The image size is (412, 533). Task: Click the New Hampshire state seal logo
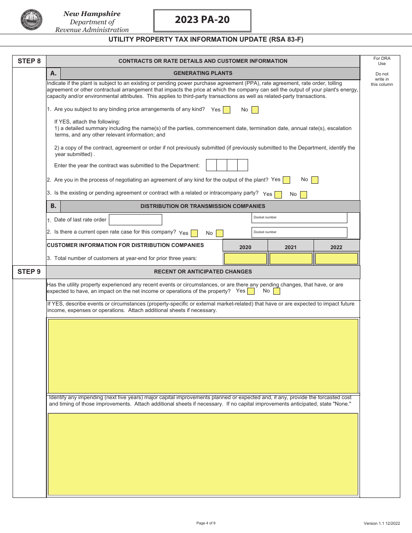coord(31,20)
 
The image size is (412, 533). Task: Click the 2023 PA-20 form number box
coord(202,20)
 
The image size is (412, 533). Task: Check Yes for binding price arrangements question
coord(226,110)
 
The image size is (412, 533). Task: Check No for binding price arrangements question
coord(255,110)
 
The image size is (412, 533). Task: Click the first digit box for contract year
coord(211,165)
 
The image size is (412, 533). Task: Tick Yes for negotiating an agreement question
coord(286,180)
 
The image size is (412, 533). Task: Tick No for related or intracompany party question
coord(304,195)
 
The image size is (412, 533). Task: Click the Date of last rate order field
coord(135,220)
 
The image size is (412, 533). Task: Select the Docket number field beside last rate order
coord(299,218)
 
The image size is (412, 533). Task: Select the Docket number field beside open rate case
coord(299,233)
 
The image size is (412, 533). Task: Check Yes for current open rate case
coord(194,234)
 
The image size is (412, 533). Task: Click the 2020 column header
coord(245,247)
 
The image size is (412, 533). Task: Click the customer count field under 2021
coord(291,259)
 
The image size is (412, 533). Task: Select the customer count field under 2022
coord(336,259)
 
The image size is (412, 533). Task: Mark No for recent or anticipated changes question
coord(277,291)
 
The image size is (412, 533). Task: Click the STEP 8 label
coord(29,61)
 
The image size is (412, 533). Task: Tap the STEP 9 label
coord(29,272)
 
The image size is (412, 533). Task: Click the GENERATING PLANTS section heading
coord(203,73)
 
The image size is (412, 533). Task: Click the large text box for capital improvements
coord(203,454)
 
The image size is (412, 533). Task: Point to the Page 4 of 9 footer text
coord(206,523)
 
